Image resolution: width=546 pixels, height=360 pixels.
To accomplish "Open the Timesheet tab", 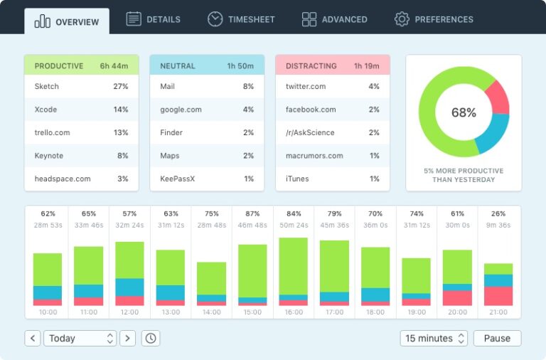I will point(241,19).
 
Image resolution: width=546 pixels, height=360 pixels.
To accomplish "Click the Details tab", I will point(154,19).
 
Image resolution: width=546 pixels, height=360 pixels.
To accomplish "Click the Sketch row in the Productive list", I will point(81,86).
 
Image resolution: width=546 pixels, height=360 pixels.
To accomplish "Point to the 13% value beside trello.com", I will point(120,132).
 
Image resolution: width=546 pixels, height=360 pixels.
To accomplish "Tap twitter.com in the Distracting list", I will point(306,86).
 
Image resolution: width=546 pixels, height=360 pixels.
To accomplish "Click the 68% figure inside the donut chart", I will point(464,112).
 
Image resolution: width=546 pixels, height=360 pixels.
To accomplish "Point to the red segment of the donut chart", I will point(498,97).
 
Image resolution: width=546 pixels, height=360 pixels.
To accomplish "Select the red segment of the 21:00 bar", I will point(498,296).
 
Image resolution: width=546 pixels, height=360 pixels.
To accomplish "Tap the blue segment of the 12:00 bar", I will point(129,287).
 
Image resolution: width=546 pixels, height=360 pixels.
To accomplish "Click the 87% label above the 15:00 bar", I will point(252,213).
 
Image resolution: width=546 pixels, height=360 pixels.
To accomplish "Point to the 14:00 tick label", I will point(211,312).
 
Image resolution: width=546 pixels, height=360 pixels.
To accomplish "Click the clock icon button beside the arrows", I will point(150,338).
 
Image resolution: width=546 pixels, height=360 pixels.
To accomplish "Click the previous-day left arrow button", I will point(33,338).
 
